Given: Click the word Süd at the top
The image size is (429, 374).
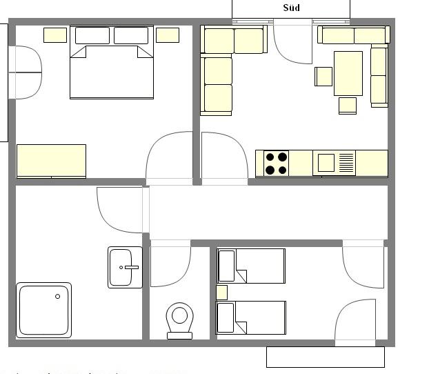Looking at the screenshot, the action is [291, 8].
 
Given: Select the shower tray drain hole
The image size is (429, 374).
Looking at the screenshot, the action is [57, 296].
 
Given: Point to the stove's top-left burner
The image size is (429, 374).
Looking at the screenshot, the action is [270, 157].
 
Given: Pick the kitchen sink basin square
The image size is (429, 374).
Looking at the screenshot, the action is [326, 163].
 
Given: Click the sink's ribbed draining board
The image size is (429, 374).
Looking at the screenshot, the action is [346, 163].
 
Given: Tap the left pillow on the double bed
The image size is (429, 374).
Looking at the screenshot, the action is [92, 36].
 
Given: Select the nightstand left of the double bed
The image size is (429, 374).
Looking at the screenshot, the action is [55, 35].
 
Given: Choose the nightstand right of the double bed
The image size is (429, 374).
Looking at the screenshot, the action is [168, 35].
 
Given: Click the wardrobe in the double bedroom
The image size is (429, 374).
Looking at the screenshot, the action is [52, 161].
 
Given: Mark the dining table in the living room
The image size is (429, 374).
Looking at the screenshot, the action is [348, 73].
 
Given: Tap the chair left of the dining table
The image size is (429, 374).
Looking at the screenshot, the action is [323, 77].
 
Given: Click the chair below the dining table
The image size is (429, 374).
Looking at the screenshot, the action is [348, 106].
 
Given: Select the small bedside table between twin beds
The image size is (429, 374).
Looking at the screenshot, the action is [221, 293].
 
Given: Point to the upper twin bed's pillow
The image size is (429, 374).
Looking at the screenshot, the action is [226, 266].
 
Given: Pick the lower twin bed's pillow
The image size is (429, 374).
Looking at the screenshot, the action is [226, 317].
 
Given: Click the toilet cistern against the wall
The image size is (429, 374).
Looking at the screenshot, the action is [179, 335].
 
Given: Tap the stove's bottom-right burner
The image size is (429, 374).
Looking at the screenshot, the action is [283, 170].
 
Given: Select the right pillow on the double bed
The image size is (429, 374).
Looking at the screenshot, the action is [131, 36].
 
